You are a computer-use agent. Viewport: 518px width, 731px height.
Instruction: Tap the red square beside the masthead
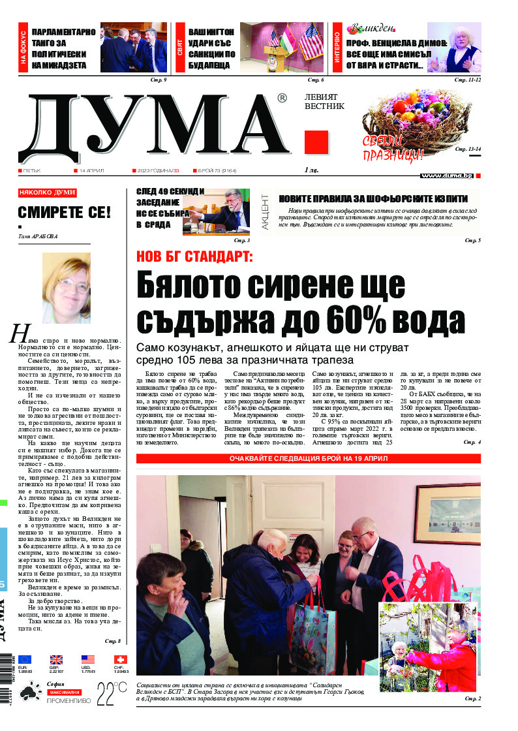click(316, 142)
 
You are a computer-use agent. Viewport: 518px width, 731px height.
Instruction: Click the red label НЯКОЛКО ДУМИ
click(48, 193)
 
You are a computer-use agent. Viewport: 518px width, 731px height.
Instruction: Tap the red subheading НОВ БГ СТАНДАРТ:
click(193, 257)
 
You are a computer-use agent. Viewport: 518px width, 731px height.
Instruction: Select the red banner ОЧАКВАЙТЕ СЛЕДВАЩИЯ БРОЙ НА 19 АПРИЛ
click(309, 458)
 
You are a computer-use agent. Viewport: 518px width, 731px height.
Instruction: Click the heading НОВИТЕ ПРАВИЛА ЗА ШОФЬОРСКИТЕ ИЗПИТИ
click(373, 198)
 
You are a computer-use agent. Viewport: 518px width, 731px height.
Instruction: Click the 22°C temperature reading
click(112, 692)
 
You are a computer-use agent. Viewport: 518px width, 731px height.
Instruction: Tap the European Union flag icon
click(25, 660)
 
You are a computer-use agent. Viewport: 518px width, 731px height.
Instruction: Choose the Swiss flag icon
click(121, 660)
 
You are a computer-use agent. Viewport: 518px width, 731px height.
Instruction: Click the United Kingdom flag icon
click(56, 660)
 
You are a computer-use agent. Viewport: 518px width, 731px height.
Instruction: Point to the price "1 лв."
click(312, 170)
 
